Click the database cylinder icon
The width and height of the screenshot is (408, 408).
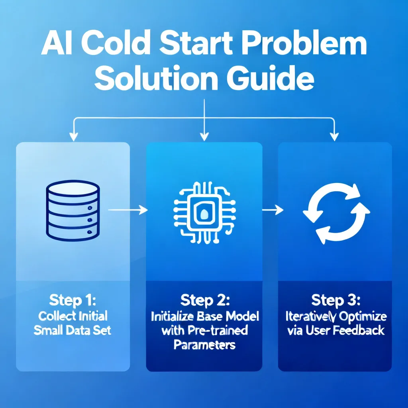(73, 210)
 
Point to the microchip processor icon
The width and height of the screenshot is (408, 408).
(204, 213)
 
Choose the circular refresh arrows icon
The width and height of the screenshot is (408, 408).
(336, 213)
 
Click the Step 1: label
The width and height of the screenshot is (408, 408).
(73, 300)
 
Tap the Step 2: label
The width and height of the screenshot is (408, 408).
(205, 300)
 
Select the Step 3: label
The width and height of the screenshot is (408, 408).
(336, 300)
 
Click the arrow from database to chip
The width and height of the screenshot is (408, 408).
(128, 210)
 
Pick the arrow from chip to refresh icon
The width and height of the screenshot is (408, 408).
(273, 210)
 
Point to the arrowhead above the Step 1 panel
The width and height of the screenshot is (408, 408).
(74, 137)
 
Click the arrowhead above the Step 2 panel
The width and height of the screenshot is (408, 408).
(204, 137)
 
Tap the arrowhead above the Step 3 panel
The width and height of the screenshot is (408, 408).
(334, 137)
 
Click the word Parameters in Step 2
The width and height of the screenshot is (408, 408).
(204, 345)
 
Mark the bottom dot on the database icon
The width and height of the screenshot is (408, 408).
(90, 232)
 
